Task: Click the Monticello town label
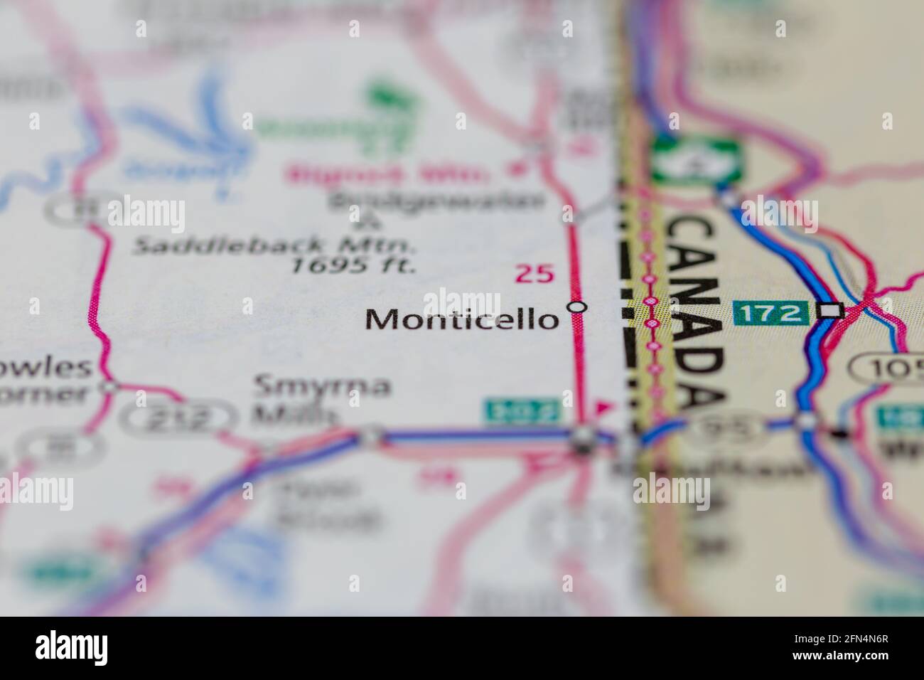coord(462,320)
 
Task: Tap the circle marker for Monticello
coord(577,307)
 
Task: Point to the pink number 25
coord(534,275)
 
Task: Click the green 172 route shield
coord(771,312)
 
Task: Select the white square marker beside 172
coord(829,311)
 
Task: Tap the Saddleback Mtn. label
coord(274,245)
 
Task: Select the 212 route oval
coord(176,418)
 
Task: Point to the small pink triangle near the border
coord(603,408)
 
